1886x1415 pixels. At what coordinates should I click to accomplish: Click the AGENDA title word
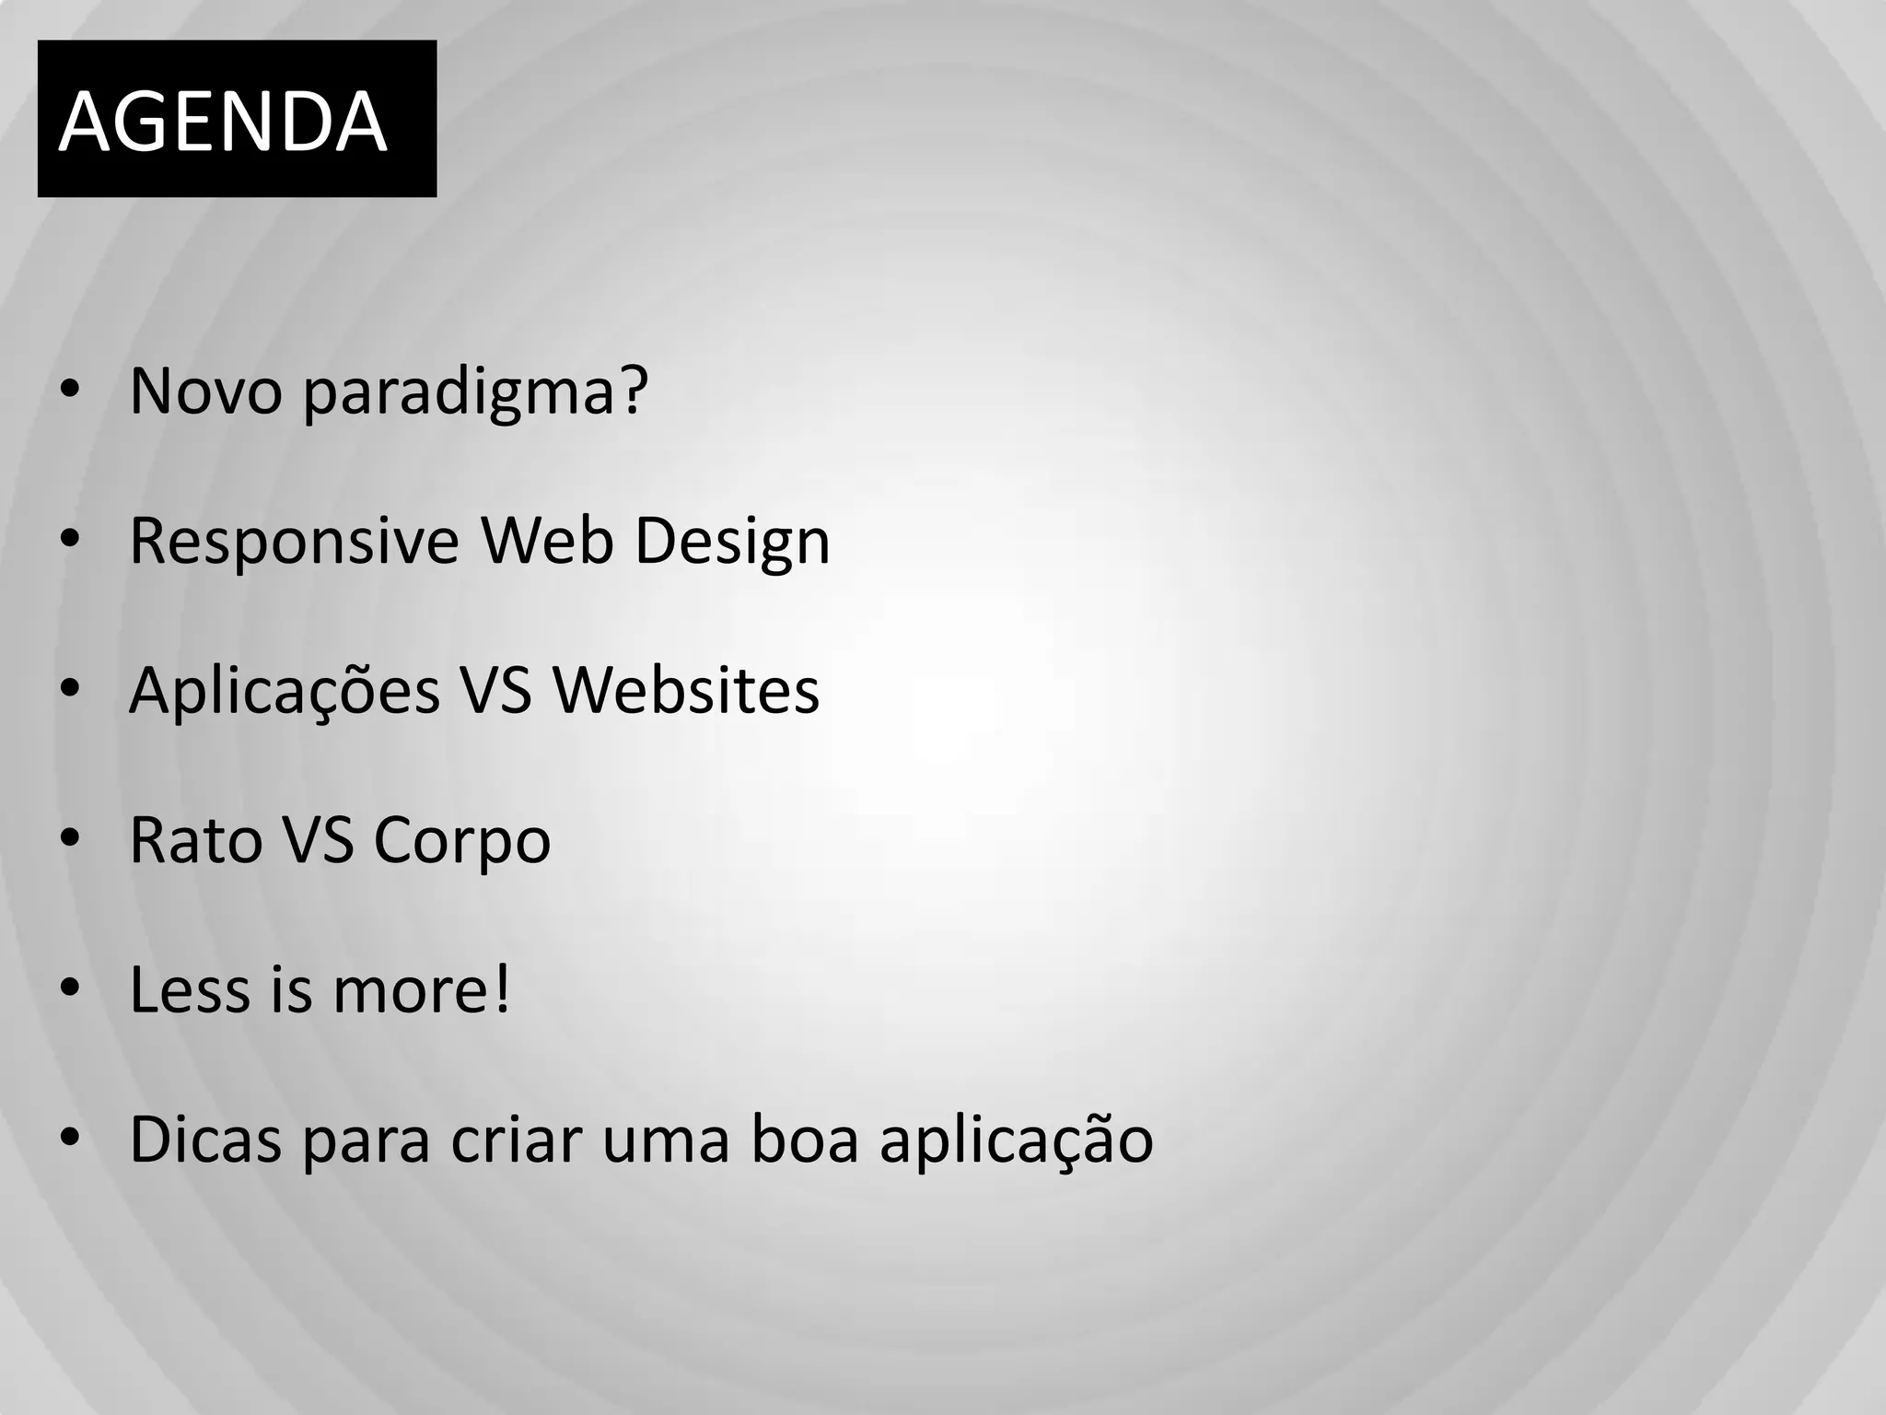tap(223, 122)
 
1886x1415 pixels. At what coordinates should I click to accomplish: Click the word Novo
tap(204, 392)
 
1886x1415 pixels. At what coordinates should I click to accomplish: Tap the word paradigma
tap(475, 394)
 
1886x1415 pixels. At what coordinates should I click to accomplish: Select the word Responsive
tap(294, 542)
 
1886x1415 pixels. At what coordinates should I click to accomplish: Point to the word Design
tap(732, 542)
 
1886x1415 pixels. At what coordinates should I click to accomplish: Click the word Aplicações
tap(285, 692)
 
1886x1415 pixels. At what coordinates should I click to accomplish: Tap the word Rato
tap(195, 840)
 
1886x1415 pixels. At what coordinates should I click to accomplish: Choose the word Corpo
tap(461, 842)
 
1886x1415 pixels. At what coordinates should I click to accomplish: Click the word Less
tap(189, 990)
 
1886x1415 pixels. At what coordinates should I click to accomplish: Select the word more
tap(421, 990)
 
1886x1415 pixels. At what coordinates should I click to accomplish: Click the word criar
tap(516, 1140)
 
